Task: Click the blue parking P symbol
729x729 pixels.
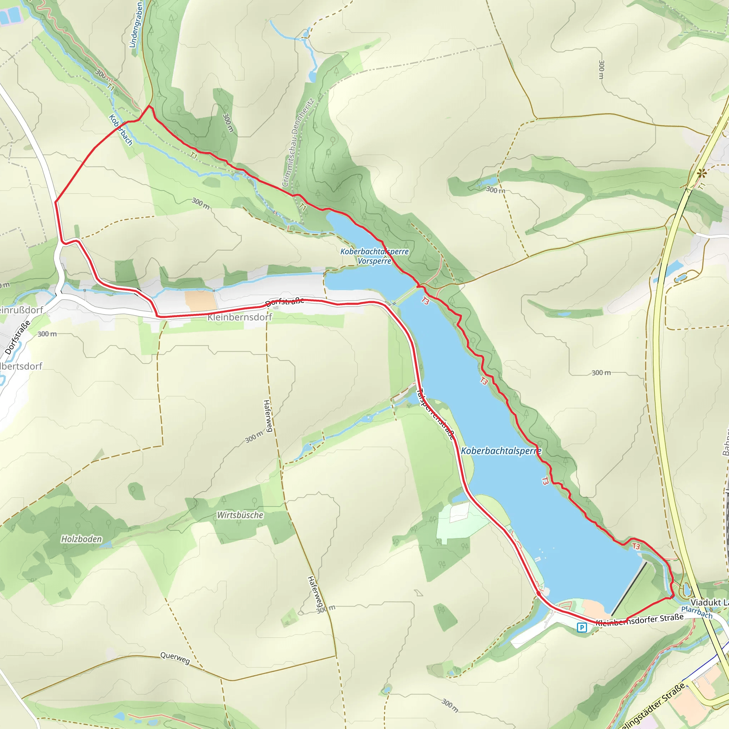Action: tap(582, 628)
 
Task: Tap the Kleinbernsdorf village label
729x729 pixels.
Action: tap(240, 317)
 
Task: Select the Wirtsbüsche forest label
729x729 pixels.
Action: tap(240, 515)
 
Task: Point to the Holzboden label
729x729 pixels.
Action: tap(82, 539)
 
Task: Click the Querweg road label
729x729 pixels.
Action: tap(175, 658)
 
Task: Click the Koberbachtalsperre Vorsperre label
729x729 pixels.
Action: tap(374, 256)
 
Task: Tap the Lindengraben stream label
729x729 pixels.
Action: tap(136, 25)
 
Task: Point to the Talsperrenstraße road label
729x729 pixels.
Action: tap(435, 414)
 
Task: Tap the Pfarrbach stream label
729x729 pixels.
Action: tap(697, 612)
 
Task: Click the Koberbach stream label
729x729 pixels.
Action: tap(121, 130)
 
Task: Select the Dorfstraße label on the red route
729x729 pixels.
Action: tap(285, 302)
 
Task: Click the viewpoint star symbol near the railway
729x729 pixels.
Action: tap(702, 174)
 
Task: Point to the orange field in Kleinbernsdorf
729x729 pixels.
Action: tap(200, 301)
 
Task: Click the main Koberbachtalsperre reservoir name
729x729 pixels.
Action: tap(501, 451)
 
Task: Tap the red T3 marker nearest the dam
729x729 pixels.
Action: tap(636, 546)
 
